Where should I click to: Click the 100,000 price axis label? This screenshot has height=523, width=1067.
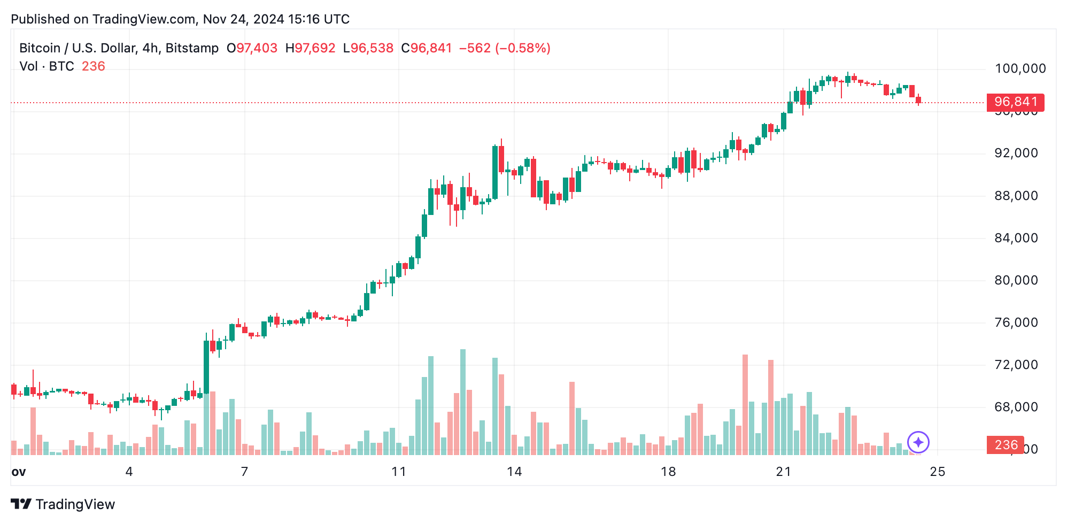pos(1020,68)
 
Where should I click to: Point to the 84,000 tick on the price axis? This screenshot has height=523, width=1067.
pos(1016,238)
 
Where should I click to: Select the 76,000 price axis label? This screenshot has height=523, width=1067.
pos(1016,322)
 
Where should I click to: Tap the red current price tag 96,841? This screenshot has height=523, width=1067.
pos(1015,102)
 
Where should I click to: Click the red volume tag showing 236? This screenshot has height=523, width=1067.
pos(1006,445)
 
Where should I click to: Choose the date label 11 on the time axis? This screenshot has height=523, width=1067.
pos(398,472)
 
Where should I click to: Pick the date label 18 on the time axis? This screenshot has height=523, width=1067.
pos(668,472)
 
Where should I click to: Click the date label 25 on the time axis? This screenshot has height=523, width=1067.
pos(938,472)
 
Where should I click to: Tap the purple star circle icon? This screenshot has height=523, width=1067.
pos(918,442)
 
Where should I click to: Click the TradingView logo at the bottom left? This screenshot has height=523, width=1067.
pos(63,504)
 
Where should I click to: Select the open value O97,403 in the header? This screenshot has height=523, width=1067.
pos(252,48)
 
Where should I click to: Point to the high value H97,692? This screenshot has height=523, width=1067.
pos(310,48)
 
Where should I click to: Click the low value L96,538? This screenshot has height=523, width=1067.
pos(368,48)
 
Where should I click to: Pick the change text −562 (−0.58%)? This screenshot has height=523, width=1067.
pos(505,48)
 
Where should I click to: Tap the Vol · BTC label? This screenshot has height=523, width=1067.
pos(47,66)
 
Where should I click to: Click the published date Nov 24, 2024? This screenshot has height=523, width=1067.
pos(243,19)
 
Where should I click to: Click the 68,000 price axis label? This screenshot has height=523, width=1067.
pos(1016,407)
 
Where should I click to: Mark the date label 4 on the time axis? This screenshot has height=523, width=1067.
pos(129,472)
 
